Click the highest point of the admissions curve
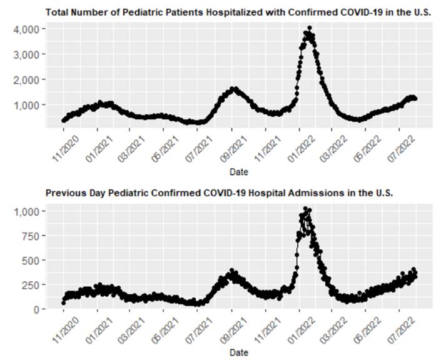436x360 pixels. coord(305,209)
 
